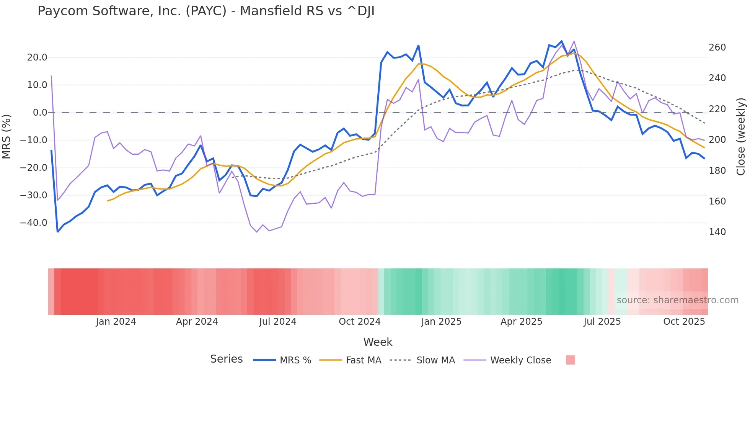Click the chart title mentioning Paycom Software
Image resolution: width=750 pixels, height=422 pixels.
pyautogui.click(x=206, y=11)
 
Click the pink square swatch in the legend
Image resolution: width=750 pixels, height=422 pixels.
pyautogui.click(x=570, y=360)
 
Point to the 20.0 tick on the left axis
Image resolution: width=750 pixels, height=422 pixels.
pyautogui.click(x=37, y=57)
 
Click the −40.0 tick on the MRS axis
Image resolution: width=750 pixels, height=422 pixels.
pyautogui.click(x=34, y=223)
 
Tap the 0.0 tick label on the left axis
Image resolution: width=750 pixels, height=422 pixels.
pyautogui.click(x=40, y=113)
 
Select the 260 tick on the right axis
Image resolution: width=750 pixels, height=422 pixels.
pyautogui.click(x=717, y=47)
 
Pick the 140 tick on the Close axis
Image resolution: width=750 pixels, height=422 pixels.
pyautogui.click(x=717, y=232)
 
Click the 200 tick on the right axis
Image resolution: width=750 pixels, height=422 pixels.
pyautogui.click(x=717, y=140)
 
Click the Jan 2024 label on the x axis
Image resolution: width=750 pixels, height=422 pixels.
pyautogui.click(x=116, y=322)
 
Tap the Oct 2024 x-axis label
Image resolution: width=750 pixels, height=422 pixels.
pyautogui.click(x=360, y=322)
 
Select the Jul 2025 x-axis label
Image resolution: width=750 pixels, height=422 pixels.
pyautogui.click(x=602, y=322)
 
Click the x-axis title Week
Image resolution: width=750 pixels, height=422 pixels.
pyautogui.click(x=378, y=342)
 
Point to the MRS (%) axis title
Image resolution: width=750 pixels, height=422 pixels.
pyautogui.click(x=7, y=136)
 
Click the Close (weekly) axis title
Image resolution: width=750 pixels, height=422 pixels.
pyautogui.click(x=741, y=136)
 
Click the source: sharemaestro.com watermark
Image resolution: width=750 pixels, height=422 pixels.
pyautogui.click(x=677, y=300)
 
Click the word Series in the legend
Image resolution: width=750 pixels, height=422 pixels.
pyautogui.click(x=226, y=359)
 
